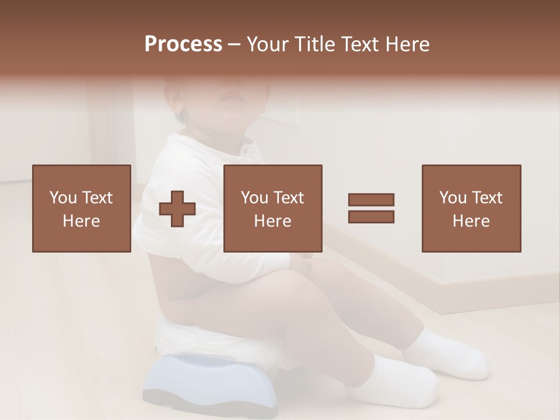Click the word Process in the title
(183, 44)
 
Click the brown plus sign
(177, 209)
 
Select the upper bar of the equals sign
(371, 199)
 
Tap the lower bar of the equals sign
(371, 216)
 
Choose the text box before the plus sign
(81, 208)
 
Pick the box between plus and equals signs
(272, 208)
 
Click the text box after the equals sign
(471, 208)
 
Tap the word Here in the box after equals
(471, 221)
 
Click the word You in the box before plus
(62, 198)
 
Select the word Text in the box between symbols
(288, 198)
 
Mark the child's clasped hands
(303, 265)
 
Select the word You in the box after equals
(453, 198)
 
